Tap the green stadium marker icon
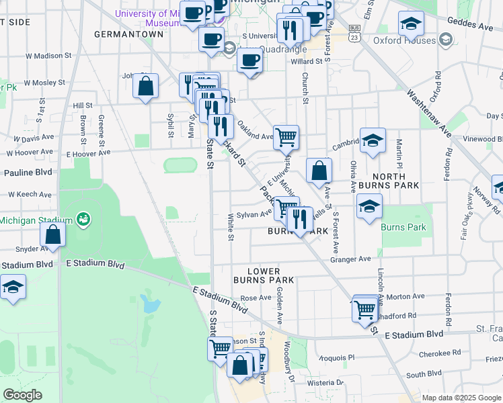(x=83, y=219)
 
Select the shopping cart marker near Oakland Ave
(x=286, y=137)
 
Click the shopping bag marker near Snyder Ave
(x=53, y=236)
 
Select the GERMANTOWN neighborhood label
(x=129, y=34)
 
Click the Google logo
(x=23, y=395)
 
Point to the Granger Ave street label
(x=350, y=259)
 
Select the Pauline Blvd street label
(x=28, y=173)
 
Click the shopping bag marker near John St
(x=145, y=86)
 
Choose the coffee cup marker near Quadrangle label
(x=249, y=60)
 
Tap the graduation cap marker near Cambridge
(x=372, y=141)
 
